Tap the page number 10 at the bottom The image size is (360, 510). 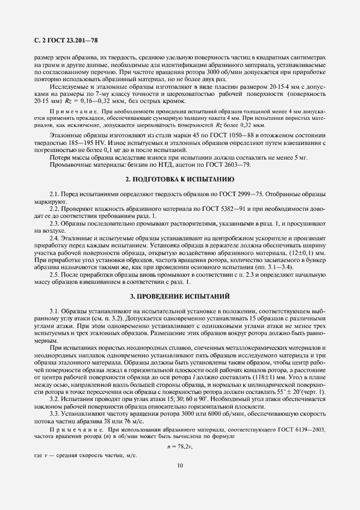(x=180, y=465)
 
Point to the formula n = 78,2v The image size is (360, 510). (x=180, y=446)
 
